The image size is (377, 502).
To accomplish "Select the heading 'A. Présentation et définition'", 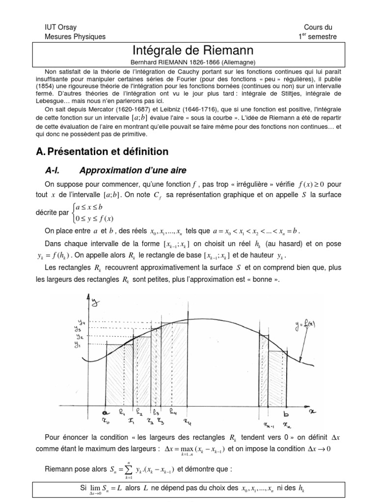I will click(x=103, y=151).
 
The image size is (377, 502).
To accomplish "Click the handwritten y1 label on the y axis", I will click(x=77, y=345).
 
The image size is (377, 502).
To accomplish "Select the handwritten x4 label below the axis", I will click(x=188, y=420).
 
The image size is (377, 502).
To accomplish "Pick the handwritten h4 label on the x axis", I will click(x=174, y=410).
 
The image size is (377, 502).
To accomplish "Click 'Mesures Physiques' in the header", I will click(x=75, y=37).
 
